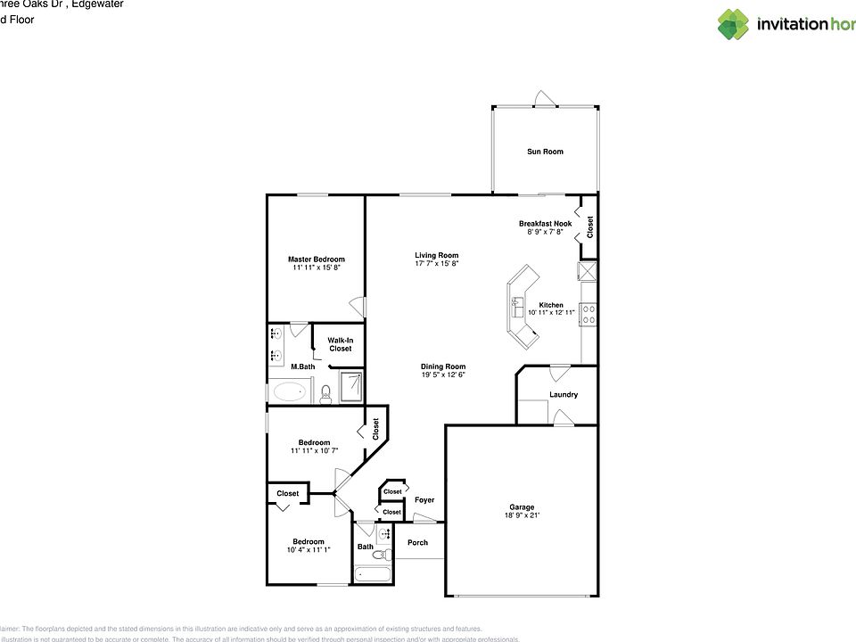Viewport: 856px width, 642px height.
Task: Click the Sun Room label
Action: [x=545, y=152]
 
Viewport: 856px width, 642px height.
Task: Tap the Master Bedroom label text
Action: [x=316, y=259]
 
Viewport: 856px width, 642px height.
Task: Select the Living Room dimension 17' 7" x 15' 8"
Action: [x=436, y=264]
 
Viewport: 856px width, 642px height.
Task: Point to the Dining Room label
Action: [x=443, y=366]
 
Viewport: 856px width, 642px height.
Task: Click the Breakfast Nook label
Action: [x=545, y=223]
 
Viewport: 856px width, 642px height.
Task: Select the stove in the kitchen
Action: [x=588, y=312]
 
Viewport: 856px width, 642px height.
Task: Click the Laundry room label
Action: [x=564, y=394]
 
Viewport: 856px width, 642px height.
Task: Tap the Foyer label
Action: [x=424, y=500]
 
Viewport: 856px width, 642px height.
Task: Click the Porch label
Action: [x=417, y=542]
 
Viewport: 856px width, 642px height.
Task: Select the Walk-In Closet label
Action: [x=340, y=344]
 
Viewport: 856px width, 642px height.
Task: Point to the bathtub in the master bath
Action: [x=290, y=391]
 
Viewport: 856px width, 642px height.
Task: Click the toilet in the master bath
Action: [x=326, y=393]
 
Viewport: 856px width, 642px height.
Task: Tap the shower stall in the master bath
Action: [x=351, y=387]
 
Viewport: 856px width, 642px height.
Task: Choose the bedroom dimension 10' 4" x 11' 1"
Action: [x=309, y=550]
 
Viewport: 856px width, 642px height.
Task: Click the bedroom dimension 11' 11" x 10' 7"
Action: [x=314, y=451]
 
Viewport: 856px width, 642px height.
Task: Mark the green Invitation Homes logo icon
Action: [x=733, y=24]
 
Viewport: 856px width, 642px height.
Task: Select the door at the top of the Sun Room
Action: [x=543, y=99]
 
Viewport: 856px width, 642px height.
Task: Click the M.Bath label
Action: [x=302, y=366]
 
